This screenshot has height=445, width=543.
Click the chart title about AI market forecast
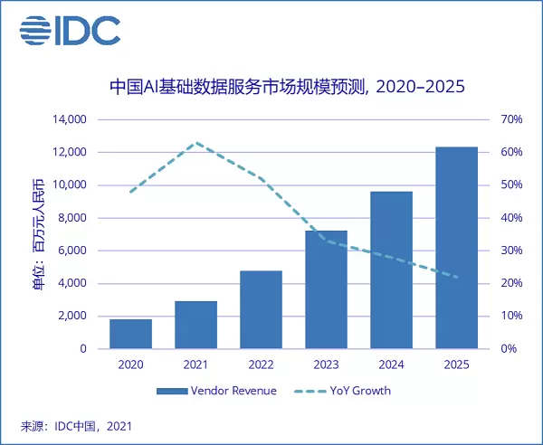[x=286, y=88]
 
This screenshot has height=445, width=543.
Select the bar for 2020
[x=130, y=334]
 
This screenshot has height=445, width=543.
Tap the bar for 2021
[x=196, y=325]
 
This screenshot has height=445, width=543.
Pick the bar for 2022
[x=262, y=309]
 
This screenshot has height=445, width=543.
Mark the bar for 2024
[x=391, y=270]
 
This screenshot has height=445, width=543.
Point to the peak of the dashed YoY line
[x=196, y=143]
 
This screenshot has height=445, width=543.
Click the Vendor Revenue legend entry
[x=217, y=391]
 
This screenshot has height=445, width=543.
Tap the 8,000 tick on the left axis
[x=71, y=218]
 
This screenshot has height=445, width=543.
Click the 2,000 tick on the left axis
[x=71, y=316]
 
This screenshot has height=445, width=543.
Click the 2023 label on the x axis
[x=326, y=365]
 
